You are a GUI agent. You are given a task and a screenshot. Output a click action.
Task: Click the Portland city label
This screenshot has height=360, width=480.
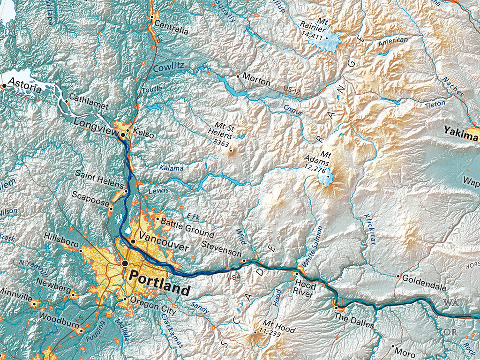pos(159,277)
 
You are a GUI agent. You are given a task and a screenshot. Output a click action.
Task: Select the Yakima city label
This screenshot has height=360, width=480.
pos(461,136)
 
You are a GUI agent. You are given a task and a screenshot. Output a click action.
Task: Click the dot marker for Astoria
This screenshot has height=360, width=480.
pos(4,86)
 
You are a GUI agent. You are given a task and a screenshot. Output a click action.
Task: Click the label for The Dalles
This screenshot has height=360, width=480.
pos(354,324)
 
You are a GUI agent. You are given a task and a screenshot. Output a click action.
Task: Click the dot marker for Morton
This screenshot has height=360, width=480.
pos(238,75)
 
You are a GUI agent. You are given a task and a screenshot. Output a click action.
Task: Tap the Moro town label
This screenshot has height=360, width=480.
pos(405,351)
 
